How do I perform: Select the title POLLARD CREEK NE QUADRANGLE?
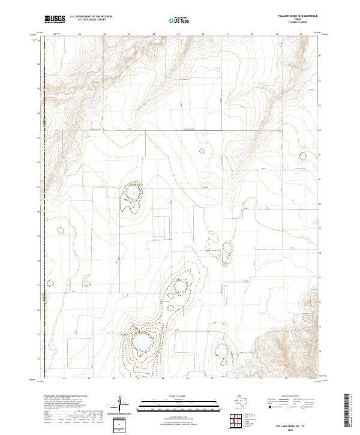coord(297,16)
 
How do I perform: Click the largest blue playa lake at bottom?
coord(142,343)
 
